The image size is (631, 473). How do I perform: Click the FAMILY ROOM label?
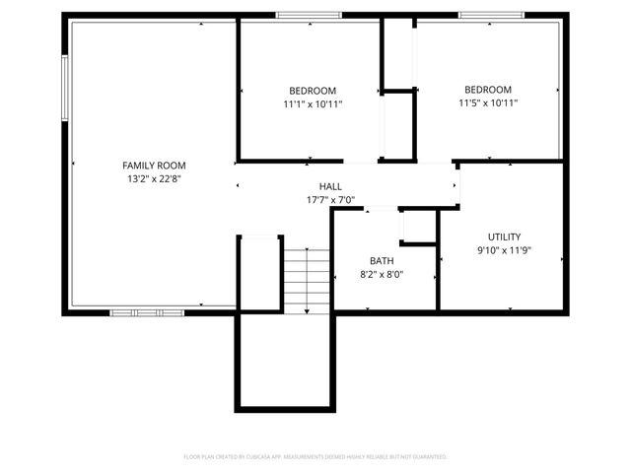(x=154, y=166)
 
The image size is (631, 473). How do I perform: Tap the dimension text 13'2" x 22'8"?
(x=154, y=179)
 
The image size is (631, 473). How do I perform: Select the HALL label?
(x=330, y=186)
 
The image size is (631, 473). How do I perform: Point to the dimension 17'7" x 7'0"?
(x=330, y=200)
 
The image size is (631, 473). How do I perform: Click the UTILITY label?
(x=504, y=236)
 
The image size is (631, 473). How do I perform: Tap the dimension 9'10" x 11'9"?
(x=504, y=250)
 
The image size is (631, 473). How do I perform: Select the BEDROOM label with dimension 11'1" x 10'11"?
(x=313, y=90)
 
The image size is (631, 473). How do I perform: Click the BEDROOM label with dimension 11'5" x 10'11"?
(x=488, y=89)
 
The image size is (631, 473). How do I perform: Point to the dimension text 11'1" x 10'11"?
(x=313, y=102)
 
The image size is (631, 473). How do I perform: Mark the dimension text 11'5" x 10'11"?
(x=488, y=102)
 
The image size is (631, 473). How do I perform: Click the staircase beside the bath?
(x=307, y=280)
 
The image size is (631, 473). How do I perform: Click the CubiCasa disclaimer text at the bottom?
(x=315, y=457)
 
